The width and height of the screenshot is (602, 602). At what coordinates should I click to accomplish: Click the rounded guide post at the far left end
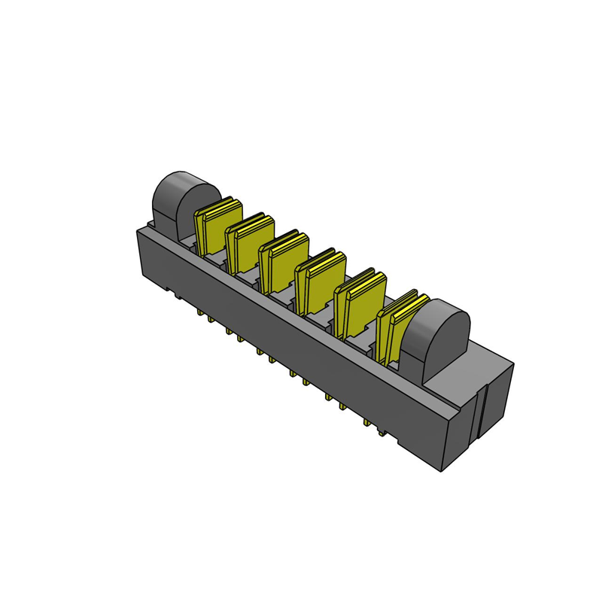181,199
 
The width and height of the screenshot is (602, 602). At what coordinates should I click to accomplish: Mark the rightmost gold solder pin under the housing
382,432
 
